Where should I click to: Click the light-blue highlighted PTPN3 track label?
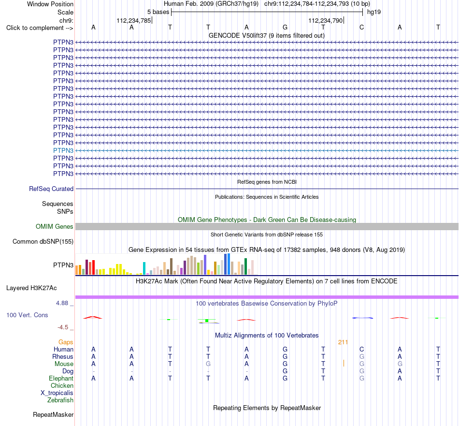coord(63,150)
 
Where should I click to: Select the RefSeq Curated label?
coord(51,189)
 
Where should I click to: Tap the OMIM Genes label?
coord(55,226)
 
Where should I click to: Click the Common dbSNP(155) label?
coord(43,242)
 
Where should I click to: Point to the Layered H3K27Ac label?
coord(31,288)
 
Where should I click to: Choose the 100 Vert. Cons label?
coord(27,315)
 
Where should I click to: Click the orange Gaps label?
coord(66,342)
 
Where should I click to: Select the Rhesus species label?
coord(63,356)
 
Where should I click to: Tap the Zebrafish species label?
coord(60,400)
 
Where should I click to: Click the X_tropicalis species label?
coord(57,393)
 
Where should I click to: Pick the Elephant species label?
coord(61,379)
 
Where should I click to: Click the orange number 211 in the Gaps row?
coord(343,342)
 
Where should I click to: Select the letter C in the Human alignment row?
coord(362,349)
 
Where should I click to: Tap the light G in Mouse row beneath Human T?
coord(208,364)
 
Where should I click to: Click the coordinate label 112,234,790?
coord(325,20)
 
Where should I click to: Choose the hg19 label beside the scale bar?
coord(374,12)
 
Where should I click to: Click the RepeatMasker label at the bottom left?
coord(53,414)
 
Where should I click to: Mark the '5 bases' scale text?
coord(158,12)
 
